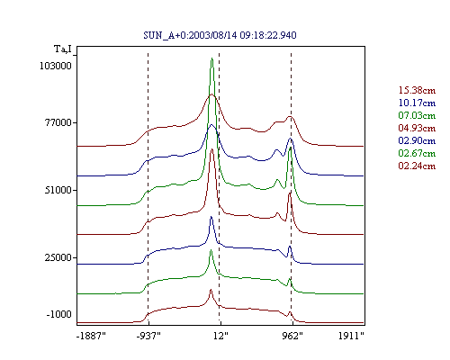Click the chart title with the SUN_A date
[220, 35]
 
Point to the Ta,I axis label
[63, 49]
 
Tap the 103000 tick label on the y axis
[56, 66]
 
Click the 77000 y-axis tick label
[58, 122]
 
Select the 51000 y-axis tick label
[58, 190]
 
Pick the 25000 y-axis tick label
[58, 257]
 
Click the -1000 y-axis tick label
[58, 314]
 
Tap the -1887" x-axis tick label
[91, 336]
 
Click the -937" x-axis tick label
[148, 336]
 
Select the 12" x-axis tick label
[220, 336]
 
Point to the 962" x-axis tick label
[292, 336]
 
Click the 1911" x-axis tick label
[351, 336]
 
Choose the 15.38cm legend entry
[417, 90]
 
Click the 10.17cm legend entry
[417, 103]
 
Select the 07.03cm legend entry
[417, 115]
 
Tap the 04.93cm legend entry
[417, 128]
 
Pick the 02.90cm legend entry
[417, 140]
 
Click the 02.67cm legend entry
[417, 153]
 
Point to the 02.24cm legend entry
[417, 166]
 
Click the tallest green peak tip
[211, 58]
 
